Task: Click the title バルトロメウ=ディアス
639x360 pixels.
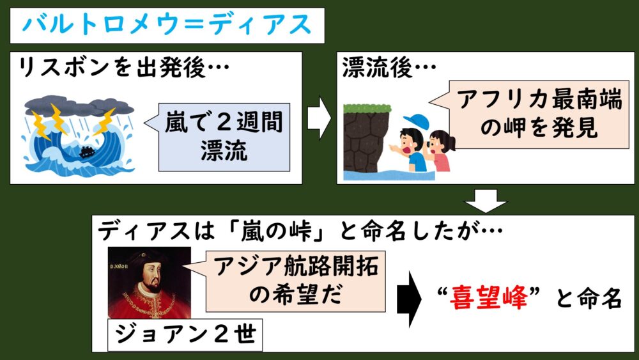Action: coord(167,26)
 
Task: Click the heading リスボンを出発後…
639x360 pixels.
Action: coord(123,67)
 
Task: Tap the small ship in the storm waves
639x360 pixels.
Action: coord(87,152)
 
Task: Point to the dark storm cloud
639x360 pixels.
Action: coord(79,106)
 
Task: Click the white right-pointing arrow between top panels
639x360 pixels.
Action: coord(319,118)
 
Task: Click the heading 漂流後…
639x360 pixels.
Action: coord(389,67)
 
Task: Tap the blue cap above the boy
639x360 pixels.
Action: coord(417,121)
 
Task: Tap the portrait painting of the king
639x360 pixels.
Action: coord(149,283)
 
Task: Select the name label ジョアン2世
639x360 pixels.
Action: coord(185,335)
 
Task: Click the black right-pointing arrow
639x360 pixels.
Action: coord(409,299)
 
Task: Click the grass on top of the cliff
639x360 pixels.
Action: coord(367,109)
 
